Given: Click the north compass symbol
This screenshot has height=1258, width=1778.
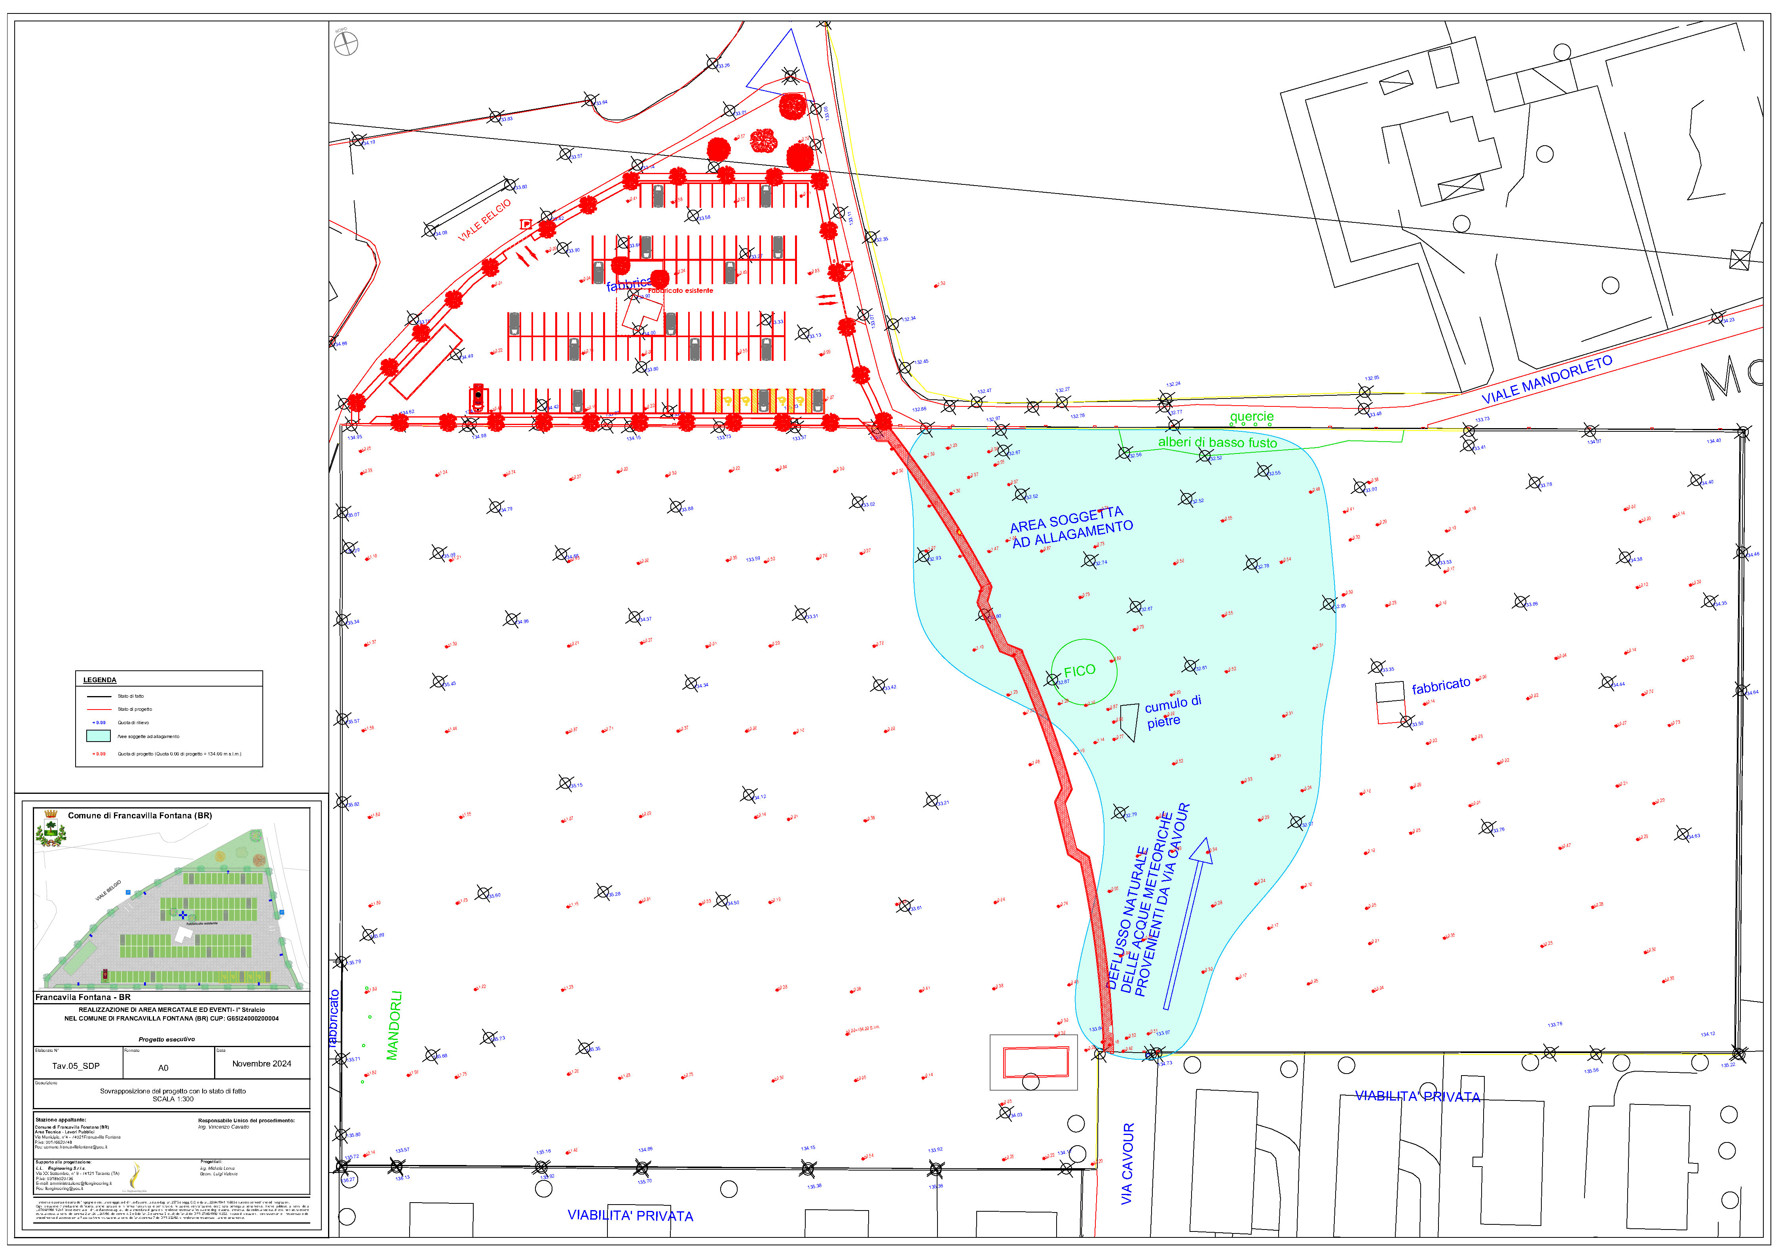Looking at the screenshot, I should [345, 43].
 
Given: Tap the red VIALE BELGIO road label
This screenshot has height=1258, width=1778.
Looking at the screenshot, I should [485, 220].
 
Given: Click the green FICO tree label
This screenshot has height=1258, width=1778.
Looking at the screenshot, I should [1079, 671].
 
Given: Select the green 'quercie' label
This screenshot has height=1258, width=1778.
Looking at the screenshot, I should [1251, 417].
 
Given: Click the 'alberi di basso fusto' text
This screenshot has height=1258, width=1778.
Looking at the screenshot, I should [1217, 442].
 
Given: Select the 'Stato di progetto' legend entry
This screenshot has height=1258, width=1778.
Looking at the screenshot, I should [135, 709].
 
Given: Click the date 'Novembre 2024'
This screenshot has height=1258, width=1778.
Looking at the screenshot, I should [262, 1064].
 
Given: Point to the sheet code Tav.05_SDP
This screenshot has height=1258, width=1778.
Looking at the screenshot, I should [76, 1066].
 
